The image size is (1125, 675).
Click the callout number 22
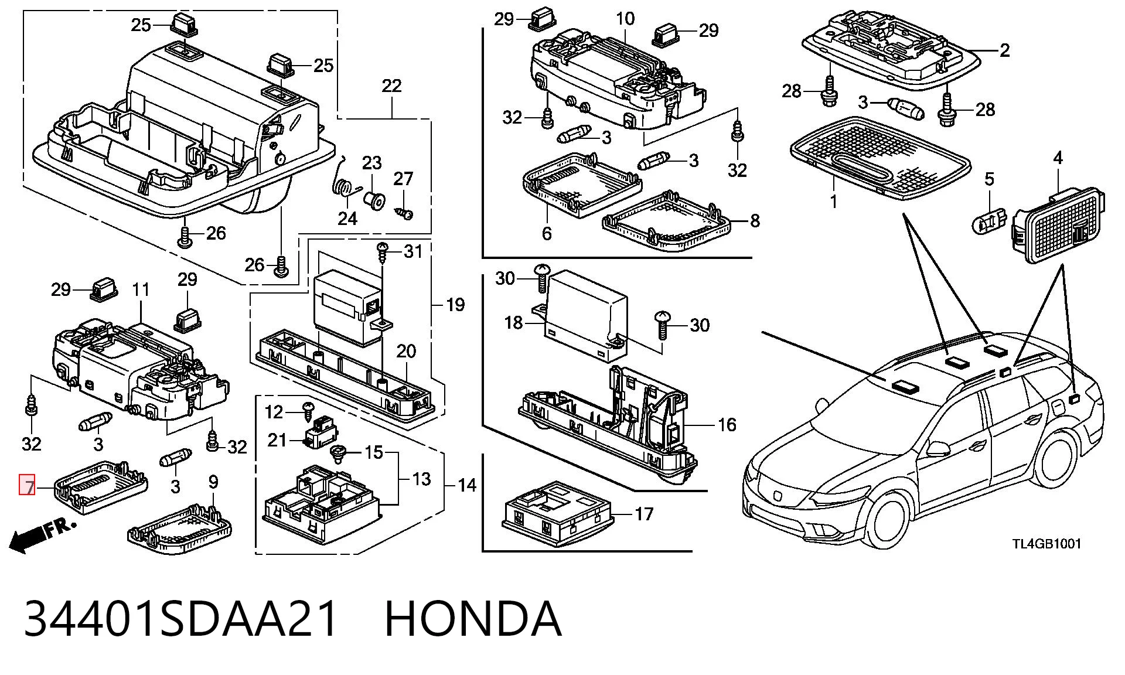[x=391, y=86]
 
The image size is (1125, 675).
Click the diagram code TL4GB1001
[x=1046, y=543]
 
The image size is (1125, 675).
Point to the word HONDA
[x=473, y=618]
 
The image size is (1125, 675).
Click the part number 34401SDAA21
[x=182, y=618]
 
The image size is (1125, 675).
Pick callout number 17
[x=644, y=514]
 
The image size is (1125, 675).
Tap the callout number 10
[x=625, y=19]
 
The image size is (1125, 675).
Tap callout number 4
[x=1058, y=158]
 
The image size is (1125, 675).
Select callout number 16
[x=727, y=424]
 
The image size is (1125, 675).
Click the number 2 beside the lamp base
[x=1004, y=50]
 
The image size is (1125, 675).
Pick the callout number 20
[x=406, y=351]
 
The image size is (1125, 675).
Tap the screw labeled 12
[x=307, y=414]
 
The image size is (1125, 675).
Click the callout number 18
[x=513, y=322]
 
